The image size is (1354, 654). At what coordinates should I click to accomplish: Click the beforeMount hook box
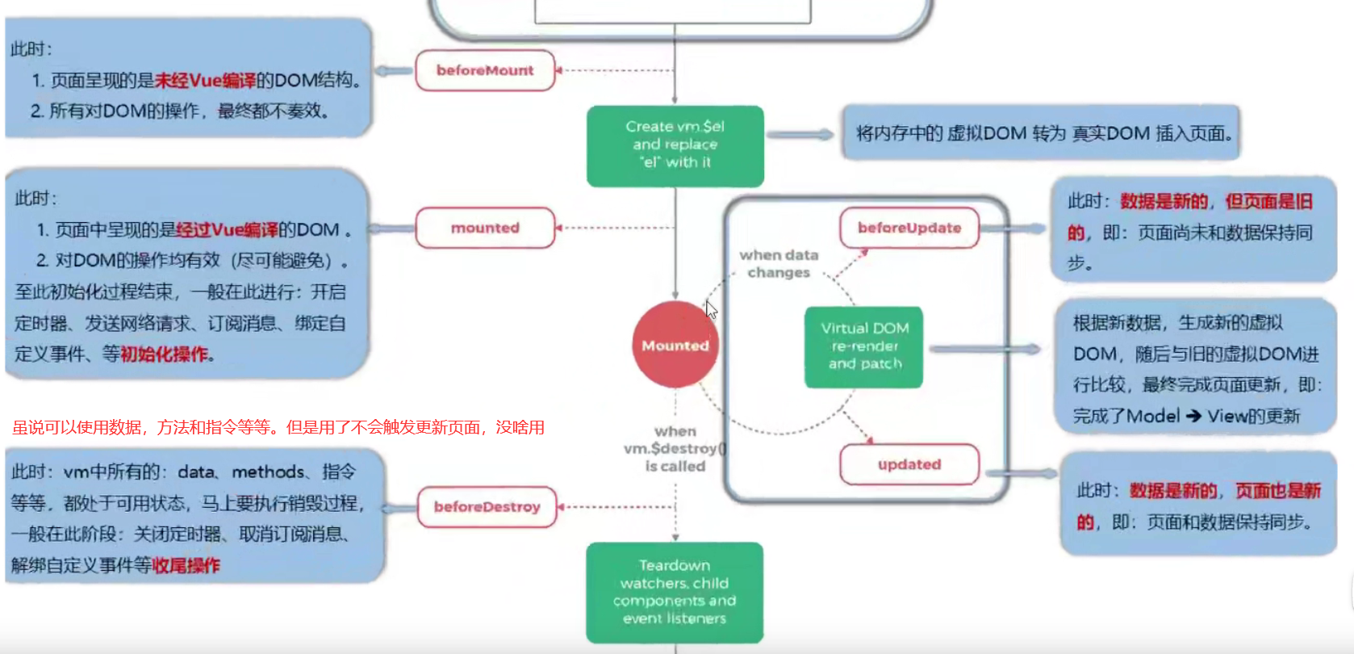(485, 70)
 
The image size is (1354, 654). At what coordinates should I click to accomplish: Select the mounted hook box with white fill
(485, 228)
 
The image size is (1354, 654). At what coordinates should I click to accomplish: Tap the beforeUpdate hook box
(909, 228)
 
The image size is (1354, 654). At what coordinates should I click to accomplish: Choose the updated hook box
(909, 464)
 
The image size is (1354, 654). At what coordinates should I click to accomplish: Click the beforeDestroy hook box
(487, 507)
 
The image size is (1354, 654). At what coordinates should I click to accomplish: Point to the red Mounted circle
(675, 346)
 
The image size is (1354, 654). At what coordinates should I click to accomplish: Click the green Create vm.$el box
(675, 145)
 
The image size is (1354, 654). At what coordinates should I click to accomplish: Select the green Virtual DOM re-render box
(864, 346)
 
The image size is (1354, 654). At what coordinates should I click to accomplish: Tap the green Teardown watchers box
(675, 592)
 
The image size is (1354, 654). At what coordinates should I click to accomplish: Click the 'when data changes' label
(779, 264)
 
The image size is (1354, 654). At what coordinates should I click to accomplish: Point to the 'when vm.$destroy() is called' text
(675, 449)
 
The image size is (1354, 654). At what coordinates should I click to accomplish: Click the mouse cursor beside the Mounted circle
(711, 309)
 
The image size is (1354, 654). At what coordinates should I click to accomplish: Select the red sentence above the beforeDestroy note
(278, 427)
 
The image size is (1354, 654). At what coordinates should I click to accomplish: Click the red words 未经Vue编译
(205, 81)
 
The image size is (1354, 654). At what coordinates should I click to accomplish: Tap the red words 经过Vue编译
(227, 230)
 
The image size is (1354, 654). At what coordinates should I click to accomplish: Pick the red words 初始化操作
(165, 354)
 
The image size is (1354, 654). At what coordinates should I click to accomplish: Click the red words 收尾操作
(186, 565)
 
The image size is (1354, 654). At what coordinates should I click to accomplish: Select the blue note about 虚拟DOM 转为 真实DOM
(1041, 133)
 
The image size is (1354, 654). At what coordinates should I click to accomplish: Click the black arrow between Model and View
(1193, 416)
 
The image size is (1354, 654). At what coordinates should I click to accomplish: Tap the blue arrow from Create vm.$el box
(800, 135)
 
